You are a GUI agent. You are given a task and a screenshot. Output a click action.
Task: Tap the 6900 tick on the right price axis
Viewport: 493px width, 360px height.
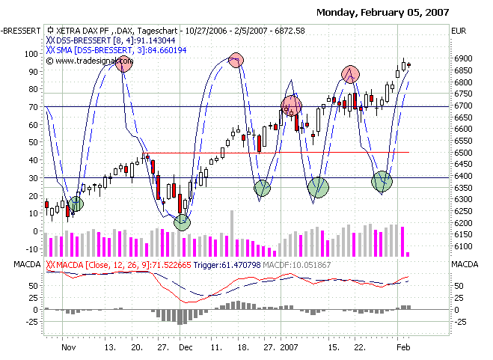[x=465, y=58]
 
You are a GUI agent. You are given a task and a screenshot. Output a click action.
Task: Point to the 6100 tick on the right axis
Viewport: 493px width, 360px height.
[x=465, y=246]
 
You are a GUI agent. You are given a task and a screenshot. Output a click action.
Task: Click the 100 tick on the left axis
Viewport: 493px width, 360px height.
[x=31, y=54]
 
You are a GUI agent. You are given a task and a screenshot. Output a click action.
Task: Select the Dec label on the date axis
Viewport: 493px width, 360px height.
[x=186, y=347]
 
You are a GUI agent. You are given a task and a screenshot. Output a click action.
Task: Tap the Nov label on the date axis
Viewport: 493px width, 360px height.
[x=69, y=347]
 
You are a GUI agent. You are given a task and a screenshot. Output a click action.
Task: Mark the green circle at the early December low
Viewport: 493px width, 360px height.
[x=183, y=222]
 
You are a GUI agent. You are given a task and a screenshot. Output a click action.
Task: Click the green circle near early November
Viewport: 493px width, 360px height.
[x=76, y=203]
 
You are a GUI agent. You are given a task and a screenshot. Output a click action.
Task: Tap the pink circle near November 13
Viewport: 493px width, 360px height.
[x=124, y=64]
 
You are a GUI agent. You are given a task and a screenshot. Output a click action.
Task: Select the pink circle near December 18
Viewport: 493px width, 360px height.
[x=236, y=60]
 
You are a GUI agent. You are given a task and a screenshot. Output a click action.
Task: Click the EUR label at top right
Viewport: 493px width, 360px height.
[x=459, y=30]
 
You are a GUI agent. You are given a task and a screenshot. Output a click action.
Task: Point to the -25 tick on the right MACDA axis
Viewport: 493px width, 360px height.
[x=462, y=322]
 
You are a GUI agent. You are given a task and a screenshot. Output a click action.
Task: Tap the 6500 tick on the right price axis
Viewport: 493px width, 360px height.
[x=465, y=153]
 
